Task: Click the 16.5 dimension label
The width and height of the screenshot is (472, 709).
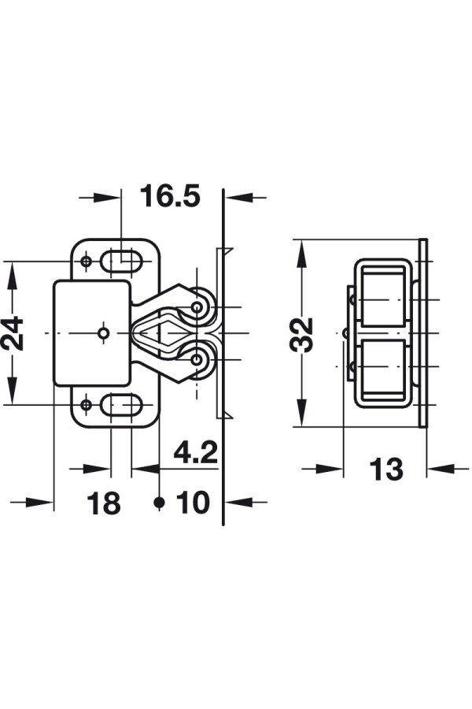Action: tap(170, 196)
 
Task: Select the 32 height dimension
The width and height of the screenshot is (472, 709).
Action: tap(301, 335)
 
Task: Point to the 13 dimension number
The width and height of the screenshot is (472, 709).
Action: tap(386, 469)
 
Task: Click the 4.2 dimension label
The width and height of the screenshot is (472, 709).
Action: tap(196, 453)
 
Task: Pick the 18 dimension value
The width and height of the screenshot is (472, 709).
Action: tap(104, 503)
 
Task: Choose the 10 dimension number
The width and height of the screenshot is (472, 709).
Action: tap(194, 503)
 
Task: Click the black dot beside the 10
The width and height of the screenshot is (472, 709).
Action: tap(159, 502)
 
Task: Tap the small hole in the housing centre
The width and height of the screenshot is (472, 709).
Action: tap(104, 334)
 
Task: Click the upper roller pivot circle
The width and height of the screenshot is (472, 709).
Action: tap(197, 307)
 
